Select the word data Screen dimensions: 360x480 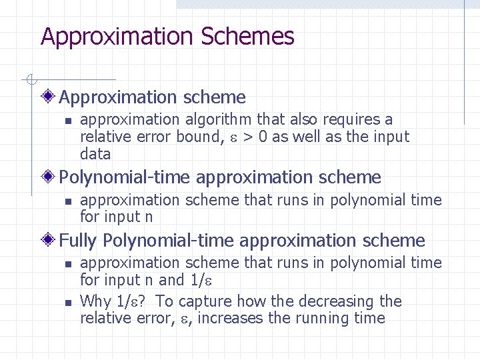pos(95,155)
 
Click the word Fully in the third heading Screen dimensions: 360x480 pos(79,240)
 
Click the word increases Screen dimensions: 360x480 pos(233,318)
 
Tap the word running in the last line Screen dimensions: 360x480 pos(319,318)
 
